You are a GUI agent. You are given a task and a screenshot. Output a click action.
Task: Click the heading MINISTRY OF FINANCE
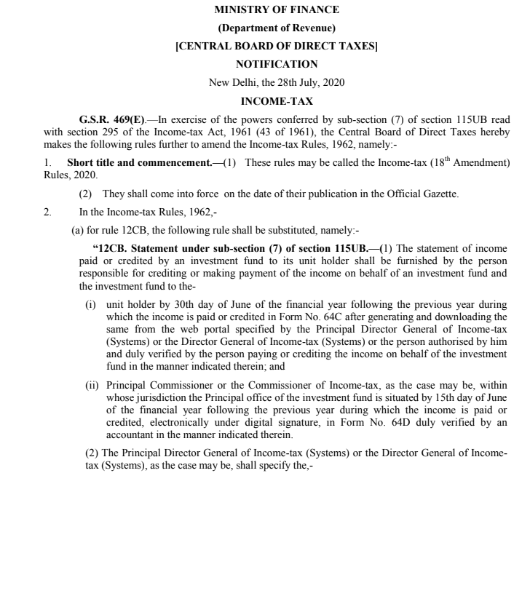277,10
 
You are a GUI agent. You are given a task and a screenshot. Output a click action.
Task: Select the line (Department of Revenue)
277,28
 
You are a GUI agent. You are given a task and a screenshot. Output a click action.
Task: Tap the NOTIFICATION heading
277,64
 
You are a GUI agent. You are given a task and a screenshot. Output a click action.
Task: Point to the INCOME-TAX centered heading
277,101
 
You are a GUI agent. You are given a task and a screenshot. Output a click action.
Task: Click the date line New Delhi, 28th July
277,82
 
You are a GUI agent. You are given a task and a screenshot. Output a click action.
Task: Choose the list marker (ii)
92,384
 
